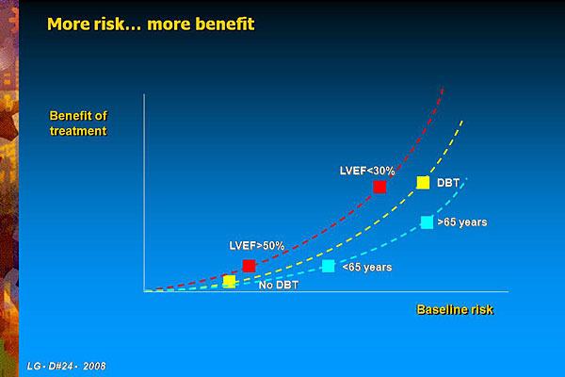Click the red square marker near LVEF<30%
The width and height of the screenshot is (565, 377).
(379, 187)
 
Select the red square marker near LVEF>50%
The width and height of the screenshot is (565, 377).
(249, 266)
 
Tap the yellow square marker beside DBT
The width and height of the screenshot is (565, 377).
(423, 183)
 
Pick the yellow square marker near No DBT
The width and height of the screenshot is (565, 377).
(230, 281)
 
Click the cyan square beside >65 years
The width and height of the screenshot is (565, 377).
(427, 222)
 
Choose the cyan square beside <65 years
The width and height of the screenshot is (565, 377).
(329, 266)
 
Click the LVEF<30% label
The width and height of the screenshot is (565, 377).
(367, 171)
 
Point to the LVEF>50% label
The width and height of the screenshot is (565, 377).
(257, 246)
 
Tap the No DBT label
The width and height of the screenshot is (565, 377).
(279, 285)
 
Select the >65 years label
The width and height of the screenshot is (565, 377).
(462, 222)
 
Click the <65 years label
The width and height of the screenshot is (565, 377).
(367, 268)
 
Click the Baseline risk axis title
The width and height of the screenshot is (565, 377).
(455, 309)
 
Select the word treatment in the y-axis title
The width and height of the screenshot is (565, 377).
(78, 131)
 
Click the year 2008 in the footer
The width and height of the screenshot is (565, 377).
(94, 367)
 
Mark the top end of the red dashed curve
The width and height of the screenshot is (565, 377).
(443, 88)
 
